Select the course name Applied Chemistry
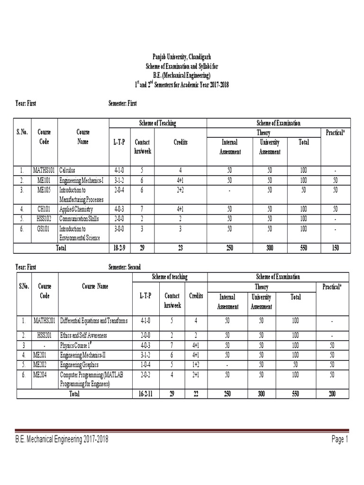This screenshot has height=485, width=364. (76, 209)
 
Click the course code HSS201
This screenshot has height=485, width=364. (42, 335)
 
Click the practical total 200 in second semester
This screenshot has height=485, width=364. (332, 394)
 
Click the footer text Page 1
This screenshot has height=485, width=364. (340, 440)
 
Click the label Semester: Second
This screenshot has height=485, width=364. (125, 267)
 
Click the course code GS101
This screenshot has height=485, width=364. (42, 229)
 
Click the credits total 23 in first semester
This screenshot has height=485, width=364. (181, 248)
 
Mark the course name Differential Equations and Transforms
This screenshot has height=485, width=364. (93, 321)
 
